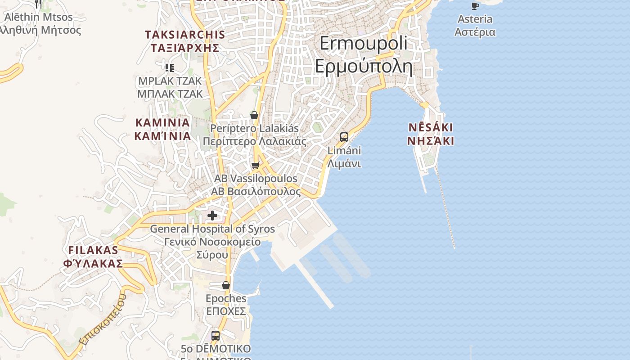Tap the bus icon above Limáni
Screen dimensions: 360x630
pyautogui.click(x=344, y=137)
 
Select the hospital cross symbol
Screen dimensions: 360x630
pyautogui.click(x=212, y=216)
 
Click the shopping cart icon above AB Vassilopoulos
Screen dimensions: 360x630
pyautogui.click(x=256, y=166)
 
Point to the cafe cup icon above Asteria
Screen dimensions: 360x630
pyautogui.click(x=475, y=5)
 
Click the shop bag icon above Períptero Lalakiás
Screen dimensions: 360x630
pyautogui.click(x=254, y=115)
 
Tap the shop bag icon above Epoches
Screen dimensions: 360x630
pyautogui.click(x=226, y=285)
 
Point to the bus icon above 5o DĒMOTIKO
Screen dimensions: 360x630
pyautogui.click(x=216, y=335)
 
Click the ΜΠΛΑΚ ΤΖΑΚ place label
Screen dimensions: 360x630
pyautogui.click(x=170, y=94)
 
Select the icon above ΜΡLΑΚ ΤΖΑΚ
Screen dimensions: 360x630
pyautogui.click(x=170, y=68)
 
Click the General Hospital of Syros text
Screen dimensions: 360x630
pyautogui.click(x=212, y=229)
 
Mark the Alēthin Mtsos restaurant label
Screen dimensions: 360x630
pyautogui.click(x=39, y=17)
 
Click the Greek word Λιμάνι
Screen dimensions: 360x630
pyautogui.click(x=344, y=163)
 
